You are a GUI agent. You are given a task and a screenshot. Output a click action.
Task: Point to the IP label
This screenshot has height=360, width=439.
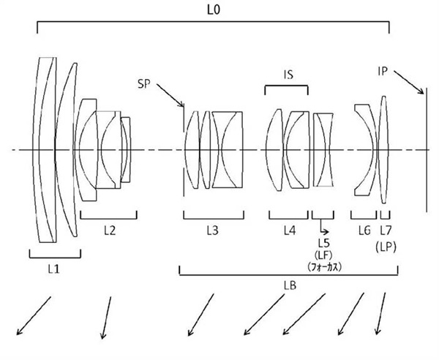(x=383, y=71)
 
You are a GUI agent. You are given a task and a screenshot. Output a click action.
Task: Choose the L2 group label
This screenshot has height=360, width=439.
(x=109, y=230)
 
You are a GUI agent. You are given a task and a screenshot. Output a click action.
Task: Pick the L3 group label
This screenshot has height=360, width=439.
(x=211, y=230)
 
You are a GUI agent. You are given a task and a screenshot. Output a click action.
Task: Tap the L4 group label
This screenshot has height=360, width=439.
(x=290, y=230)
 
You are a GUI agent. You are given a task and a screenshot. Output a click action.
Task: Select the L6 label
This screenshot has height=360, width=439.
(x=364, y=230)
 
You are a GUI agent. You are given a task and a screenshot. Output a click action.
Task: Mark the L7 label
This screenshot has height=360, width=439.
(x=385, y=230)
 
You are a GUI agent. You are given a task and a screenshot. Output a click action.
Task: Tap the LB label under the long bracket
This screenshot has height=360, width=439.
(x=290, y=285)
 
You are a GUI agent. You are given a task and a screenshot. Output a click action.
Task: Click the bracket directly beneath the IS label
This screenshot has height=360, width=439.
(x=286, y=87)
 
